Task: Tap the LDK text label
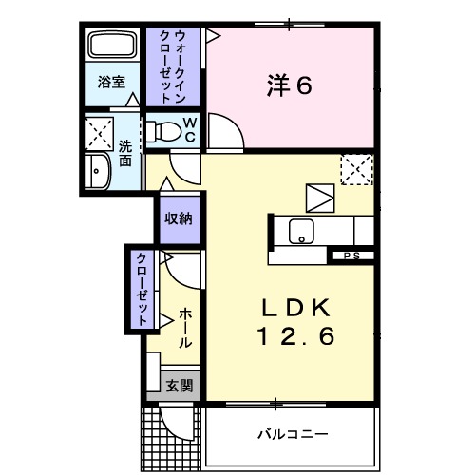pos(295,308)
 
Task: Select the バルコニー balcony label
pos(293,434)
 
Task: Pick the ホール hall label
pos(184,327)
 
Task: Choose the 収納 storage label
pos(179,219)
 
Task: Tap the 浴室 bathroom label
pos(111,83)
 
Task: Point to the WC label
pos(189,129)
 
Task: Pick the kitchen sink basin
pos(302,229)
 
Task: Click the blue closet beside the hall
pos(140,289)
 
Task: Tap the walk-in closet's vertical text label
pos(173,67)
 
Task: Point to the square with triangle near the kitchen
pos(321,198)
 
